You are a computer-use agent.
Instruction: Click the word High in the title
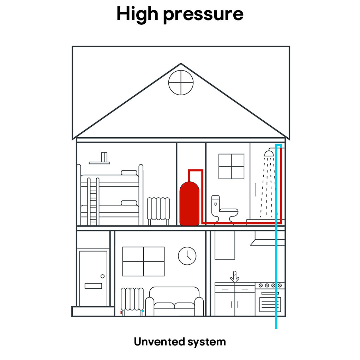(137, 14)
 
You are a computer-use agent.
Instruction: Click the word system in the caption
(206, 343)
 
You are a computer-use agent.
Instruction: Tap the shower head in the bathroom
(269, 153)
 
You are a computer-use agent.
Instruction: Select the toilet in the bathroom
(224, 209)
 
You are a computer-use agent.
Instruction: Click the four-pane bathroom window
(231, 167)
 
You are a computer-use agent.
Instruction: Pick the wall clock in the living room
(187, 256)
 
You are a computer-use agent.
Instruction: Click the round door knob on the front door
(103, 276)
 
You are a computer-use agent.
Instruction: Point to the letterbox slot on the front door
(93, 286)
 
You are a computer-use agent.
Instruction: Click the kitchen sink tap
(235, 277)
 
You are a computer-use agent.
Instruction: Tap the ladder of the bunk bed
(93, 201)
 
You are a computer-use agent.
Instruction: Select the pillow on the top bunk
(129, 173)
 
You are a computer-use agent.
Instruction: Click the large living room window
(144, 261)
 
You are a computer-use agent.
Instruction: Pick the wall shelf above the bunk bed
(99, 163)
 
